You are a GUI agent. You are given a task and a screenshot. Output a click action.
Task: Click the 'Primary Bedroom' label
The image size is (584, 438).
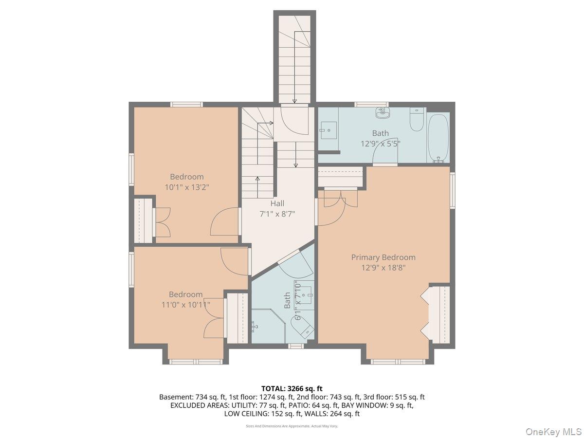point(383,257)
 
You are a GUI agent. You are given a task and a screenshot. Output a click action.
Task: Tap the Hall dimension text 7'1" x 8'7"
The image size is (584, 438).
point(277,214)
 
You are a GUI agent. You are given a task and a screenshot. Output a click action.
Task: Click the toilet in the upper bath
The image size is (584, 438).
point(417,120)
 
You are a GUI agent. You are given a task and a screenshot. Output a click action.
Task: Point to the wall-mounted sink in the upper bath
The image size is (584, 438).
point(383,113)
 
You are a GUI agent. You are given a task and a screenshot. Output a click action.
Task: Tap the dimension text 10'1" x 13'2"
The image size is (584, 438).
point(187,186)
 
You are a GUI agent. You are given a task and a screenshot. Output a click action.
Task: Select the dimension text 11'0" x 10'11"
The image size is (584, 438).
point(186,305)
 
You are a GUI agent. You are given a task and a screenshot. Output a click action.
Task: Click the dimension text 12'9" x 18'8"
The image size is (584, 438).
point(383,268)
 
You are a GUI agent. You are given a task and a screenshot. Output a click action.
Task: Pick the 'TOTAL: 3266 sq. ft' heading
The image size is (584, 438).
point(292,388)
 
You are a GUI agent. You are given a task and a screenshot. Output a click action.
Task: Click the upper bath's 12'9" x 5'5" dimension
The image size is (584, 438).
point(381,144)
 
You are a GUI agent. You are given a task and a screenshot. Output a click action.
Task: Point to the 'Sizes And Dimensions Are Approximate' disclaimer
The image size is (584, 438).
point(292,426)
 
